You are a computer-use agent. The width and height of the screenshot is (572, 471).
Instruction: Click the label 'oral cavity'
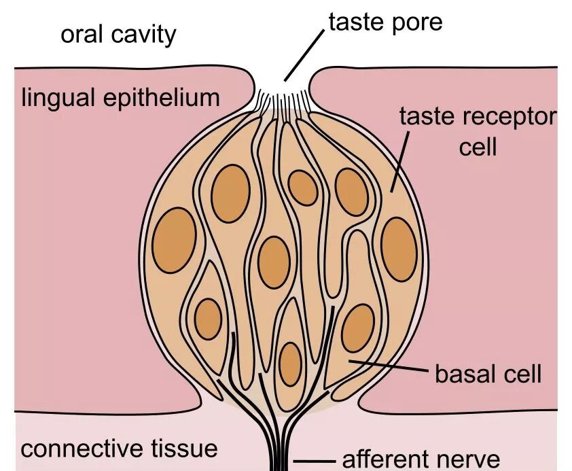pos(119,34)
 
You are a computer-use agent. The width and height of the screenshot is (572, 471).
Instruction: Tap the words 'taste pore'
pos(385,22)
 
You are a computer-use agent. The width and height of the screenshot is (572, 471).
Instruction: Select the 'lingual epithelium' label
pos(121,98)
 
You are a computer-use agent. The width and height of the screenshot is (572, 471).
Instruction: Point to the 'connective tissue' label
pos(119,449)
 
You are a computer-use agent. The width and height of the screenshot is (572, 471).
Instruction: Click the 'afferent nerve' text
pos(421,459)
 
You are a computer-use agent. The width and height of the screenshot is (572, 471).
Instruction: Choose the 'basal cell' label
pos(488,374)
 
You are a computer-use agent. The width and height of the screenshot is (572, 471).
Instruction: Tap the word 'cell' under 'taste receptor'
pos(478,146)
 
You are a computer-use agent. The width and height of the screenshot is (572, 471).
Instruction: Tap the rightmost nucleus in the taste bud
pos(399,249)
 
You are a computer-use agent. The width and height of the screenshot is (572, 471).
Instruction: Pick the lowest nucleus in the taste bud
pos(290,364)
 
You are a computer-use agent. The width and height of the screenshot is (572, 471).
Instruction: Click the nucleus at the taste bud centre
pos(274,262)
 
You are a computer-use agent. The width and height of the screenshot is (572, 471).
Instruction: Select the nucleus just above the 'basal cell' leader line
pos(358,329)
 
